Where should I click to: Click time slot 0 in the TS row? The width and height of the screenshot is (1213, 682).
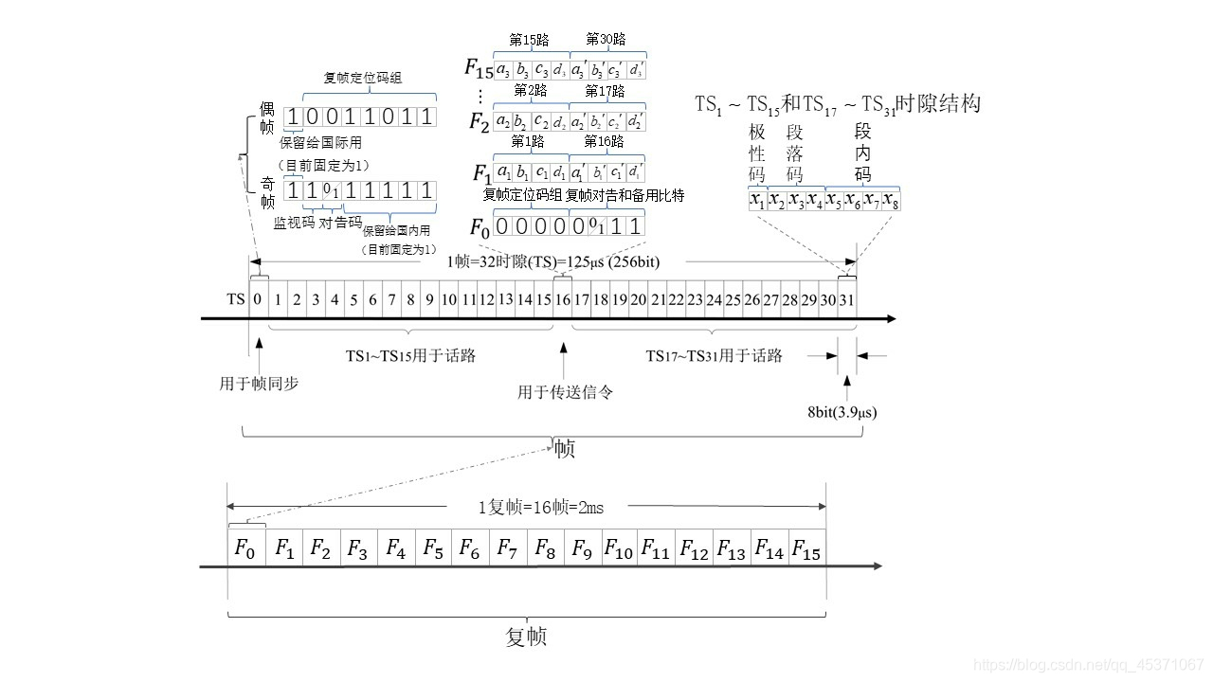pyautogui.click(x=258, y=299)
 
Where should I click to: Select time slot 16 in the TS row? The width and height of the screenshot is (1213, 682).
pyautogui.click(x=562, y=299)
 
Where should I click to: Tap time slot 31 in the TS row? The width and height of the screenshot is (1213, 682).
pyautogui.click(x=846, y=299)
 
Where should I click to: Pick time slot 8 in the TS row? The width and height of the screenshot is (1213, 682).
pyautogui.click(x=409, y=299)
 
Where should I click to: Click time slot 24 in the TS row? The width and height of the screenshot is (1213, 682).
pyautogui.click(x=714, y=299)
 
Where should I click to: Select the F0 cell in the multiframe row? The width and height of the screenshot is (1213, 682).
pyautogui.click(x=245, y=548)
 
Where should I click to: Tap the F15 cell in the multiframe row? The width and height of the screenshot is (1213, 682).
pyautogui.click(x=806, y=548)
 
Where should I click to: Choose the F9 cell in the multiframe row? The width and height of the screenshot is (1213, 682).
pyautogui.click(x=581, y=548)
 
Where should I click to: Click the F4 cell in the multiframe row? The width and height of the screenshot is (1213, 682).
pyautogui.click(x=395, y=548)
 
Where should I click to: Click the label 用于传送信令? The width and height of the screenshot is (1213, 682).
pyautogui.click(x=565, y=391)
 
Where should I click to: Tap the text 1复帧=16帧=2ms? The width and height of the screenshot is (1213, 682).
pyautogui.click(x=540, y=507)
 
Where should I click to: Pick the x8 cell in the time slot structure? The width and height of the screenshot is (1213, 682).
pyautogui.click(x=890, y=201)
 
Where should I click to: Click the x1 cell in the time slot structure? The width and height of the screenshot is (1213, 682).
pyautogui.click(x=756, y=201)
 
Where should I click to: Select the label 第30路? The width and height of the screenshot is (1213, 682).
pyautogui.click(x=606, y=39)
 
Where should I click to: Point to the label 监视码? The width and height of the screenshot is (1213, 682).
pyautogui.click(x=294, y=223)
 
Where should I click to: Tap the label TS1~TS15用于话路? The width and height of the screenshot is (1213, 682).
pyautogui.click(x=410, y=356)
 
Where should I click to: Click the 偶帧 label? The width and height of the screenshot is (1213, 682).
pyautogui.click(x=267, y=117)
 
